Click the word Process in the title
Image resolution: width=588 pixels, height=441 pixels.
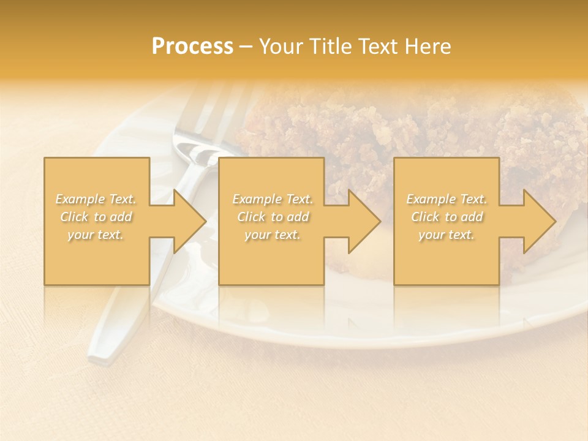pos(192,47)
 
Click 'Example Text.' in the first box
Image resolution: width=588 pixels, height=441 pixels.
pos(96,199)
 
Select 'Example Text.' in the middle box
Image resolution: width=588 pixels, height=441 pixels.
pos(272,199)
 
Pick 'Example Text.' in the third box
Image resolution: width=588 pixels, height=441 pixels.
pos(447,199)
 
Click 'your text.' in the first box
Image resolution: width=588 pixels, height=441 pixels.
pos(96,235)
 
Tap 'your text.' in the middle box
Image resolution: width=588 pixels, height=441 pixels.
pos(272,235)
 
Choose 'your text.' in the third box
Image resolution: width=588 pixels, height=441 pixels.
pos(447,235)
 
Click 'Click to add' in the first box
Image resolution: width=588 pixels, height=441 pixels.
pos(96,217)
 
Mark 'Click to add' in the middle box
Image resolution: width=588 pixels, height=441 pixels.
pos(272,217)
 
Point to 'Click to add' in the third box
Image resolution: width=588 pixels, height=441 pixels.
pos(447,217)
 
